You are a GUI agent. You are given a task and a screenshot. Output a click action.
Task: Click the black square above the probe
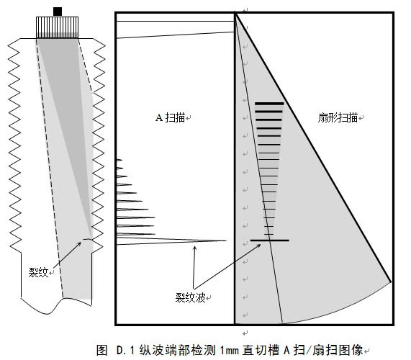coord(58,12)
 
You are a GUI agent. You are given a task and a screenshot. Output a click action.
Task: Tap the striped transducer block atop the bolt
coord(57,27)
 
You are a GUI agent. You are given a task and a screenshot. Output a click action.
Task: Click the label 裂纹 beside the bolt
coord(38,272)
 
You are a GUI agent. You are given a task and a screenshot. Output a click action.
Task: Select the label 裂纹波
coord(190,297)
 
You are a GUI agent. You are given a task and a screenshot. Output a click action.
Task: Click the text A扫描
coord(171,117)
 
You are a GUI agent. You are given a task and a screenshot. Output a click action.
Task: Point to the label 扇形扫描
coord(338,117)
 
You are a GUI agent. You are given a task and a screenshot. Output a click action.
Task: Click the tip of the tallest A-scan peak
coord(226,240)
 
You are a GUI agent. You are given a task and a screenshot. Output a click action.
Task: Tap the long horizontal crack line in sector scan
coord(270,240)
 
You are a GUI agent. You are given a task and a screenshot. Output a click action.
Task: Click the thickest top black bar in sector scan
coord(269,104)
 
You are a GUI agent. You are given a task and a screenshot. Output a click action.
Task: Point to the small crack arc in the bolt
coord(88,239)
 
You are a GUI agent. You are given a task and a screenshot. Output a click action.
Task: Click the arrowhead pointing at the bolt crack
coord(79,244)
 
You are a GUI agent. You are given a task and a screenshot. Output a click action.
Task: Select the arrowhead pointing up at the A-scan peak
coord(194,248)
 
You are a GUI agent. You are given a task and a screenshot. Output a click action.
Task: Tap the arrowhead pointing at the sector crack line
coord(258,246)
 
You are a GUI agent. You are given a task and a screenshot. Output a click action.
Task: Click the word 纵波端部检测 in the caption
coord(178,350)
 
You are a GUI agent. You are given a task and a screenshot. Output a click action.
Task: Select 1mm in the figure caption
coord(230,351)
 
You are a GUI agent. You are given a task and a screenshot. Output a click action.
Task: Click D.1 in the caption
coord(125,351)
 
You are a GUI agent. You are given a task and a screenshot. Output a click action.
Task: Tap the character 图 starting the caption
coord(102,350)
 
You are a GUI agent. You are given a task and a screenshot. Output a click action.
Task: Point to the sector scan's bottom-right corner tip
coord(391,282)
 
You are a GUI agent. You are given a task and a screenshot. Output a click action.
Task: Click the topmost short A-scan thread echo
coord(119,159)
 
